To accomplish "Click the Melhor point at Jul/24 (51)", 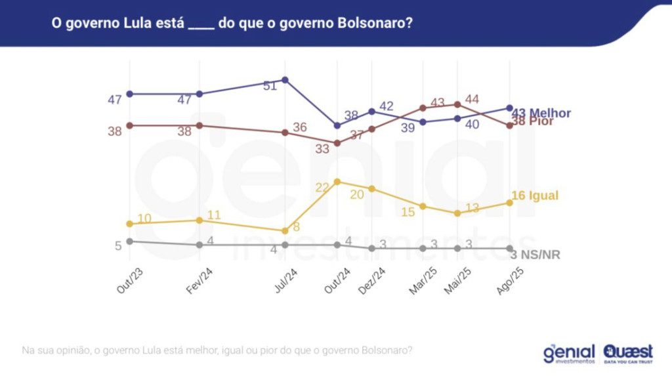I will [285, 80].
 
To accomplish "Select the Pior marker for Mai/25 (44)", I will [457, 104].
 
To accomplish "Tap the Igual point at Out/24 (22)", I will [337, 181].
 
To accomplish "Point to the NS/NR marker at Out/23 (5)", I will [130, 241].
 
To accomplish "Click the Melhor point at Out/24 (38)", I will [337, 125].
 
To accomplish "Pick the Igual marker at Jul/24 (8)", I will [285, 231].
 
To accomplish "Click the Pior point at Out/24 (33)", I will [337, 143].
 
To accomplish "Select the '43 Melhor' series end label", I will [541, 112].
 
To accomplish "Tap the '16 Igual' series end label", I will [535, 196].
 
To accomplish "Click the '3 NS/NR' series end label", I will [535, 255].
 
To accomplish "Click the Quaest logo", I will [628, 353].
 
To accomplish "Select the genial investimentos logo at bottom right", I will [569, 353].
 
